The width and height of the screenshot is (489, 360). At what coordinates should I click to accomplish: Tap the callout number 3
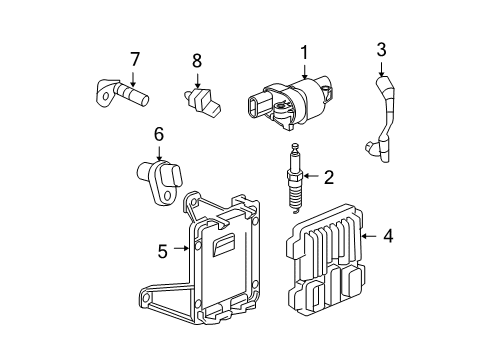pos(381,49)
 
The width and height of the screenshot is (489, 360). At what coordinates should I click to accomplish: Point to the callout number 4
pos(388,236)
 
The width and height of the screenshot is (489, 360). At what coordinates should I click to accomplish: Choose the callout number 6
pos(158,134)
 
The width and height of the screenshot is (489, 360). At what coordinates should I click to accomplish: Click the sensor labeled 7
pos(126,95)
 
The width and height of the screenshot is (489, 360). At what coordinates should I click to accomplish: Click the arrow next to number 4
pos(368,236)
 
